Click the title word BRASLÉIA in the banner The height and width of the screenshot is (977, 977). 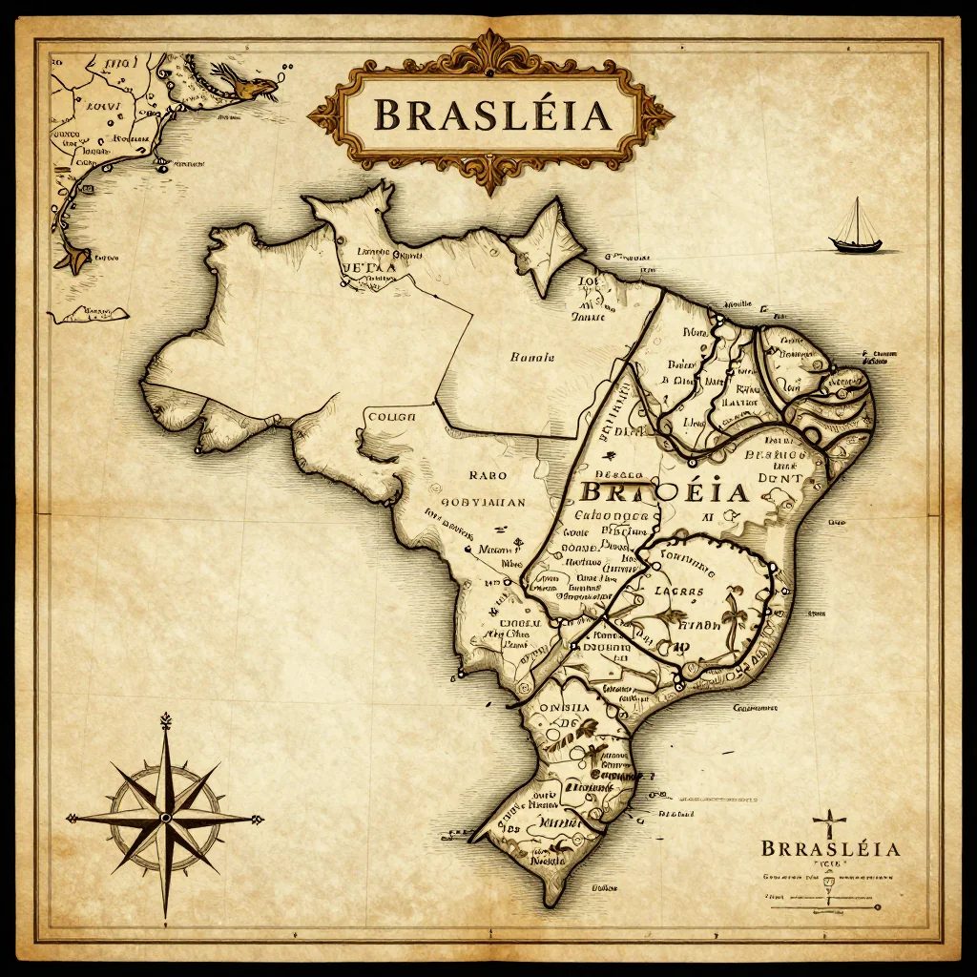coord(490,114)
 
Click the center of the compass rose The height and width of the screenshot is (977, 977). coord(165,818)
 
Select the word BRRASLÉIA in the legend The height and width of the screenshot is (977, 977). coord(830,848)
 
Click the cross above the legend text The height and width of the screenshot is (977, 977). coord(829,822)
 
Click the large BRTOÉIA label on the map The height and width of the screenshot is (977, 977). coord(663,492)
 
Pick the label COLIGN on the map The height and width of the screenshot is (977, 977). coord(391,416)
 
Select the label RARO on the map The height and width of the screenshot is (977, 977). coord(488,473)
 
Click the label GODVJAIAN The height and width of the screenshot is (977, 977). coord(483,503)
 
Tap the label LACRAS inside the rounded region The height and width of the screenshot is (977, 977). coord(680,591)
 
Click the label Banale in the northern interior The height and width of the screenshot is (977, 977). coord(531,358)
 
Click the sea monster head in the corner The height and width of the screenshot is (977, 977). coord(254,87)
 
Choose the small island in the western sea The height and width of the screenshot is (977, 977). coord(92,313)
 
